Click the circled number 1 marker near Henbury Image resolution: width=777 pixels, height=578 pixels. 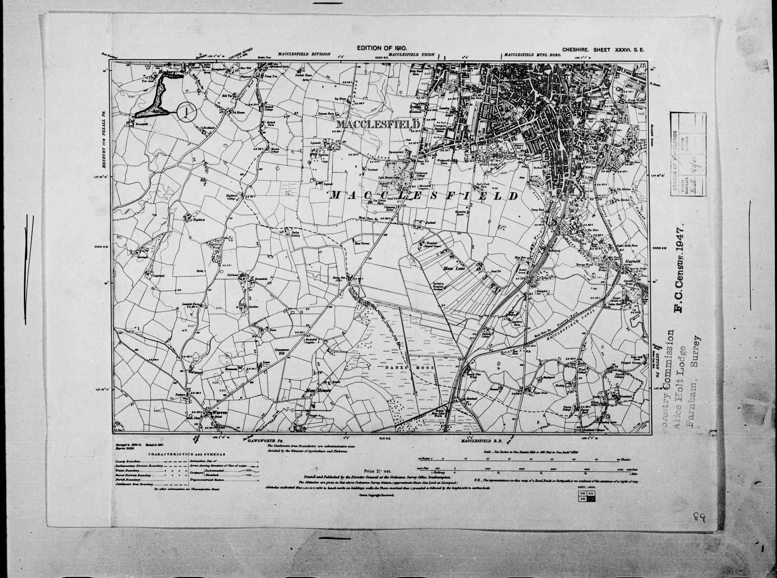point(187,112)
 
